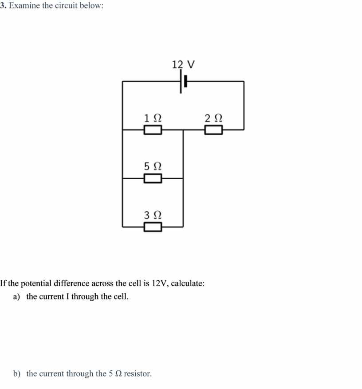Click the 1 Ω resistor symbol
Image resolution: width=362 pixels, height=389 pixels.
(x=153, y=130)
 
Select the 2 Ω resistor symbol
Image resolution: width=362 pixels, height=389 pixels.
(x=214, y=130)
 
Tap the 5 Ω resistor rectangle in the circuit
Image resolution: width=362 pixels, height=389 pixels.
(x=153, y=178)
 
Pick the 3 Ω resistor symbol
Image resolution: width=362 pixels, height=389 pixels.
(x=153, y=227)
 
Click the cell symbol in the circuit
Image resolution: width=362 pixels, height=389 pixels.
(x=183, y=81)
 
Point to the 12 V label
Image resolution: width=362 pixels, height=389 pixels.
(x=183, y=64)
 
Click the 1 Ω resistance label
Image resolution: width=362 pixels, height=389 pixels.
(x=153, y=118)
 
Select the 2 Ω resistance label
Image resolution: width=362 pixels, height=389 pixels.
(x=214, y=118)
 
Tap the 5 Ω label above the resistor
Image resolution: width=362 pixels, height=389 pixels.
(x=153, y=166)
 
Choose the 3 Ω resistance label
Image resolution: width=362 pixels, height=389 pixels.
(x=153, y=215)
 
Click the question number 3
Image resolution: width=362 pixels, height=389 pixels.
(x=3, y=5)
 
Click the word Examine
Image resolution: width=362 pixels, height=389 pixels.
(x=24, y=5)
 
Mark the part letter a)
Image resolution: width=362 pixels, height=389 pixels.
(x=16, y=297)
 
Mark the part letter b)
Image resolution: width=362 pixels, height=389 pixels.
(x=16, y=373)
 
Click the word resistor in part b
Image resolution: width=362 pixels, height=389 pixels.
(x=138, y=373)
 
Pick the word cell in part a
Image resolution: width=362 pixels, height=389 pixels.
(x=121, y=296)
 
